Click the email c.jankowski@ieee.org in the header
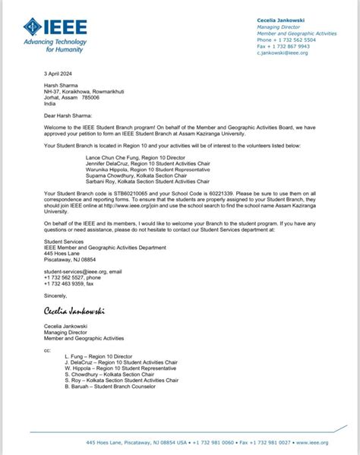pos(282,52)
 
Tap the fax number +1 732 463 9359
pos(70,283)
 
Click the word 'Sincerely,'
pos(55,295)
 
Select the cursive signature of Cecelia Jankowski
pos(74,311)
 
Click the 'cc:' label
pos(47,350)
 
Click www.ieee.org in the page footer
pos(314,442)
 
